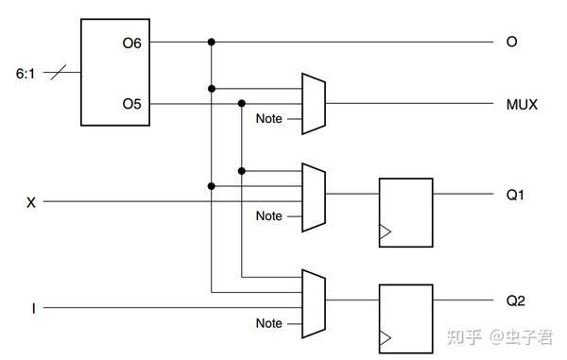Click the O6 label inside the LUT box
point(130,43)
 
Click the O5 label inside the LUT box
point(130,104)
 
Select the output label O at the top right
point(511,43)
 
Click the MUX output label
point(521,104)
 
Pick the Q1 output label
point(515,196)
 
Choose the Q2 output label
point(515,301)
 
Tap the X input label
point(33,201)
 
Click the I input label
point(34,308)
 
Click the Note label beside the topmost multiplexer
point(269,119)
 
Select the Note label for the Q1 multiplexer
point(269,216)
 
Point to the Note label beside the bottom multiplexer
point(269,323)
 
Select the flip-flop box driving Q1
point(404,213)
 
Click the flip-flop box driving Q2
point(404,318)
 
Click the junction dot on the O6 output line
point(211,43)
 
